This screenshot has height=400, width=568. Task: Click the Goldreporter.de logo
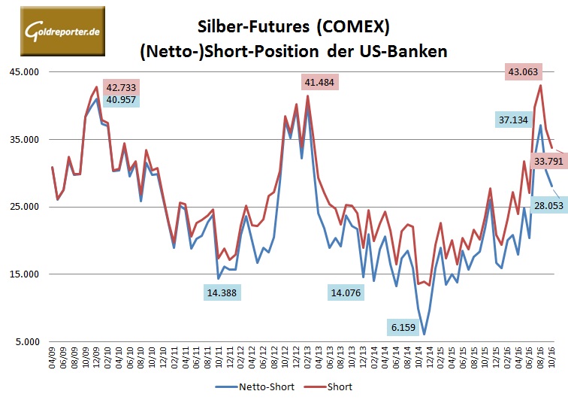pyautogui.click(x=54, y=31)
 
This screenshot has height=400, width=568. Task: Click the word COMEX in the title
pyautogui.click(x=352, y=28)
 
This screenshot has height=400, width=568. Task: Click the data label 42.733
pyautogui.click(x=122, y=86)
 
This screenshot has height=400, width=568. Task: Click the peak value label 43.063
pyautogui.click(x=524, y=72)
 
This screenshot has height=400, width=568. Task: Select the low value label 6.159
pyautogui.click(x=406, y=327)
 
